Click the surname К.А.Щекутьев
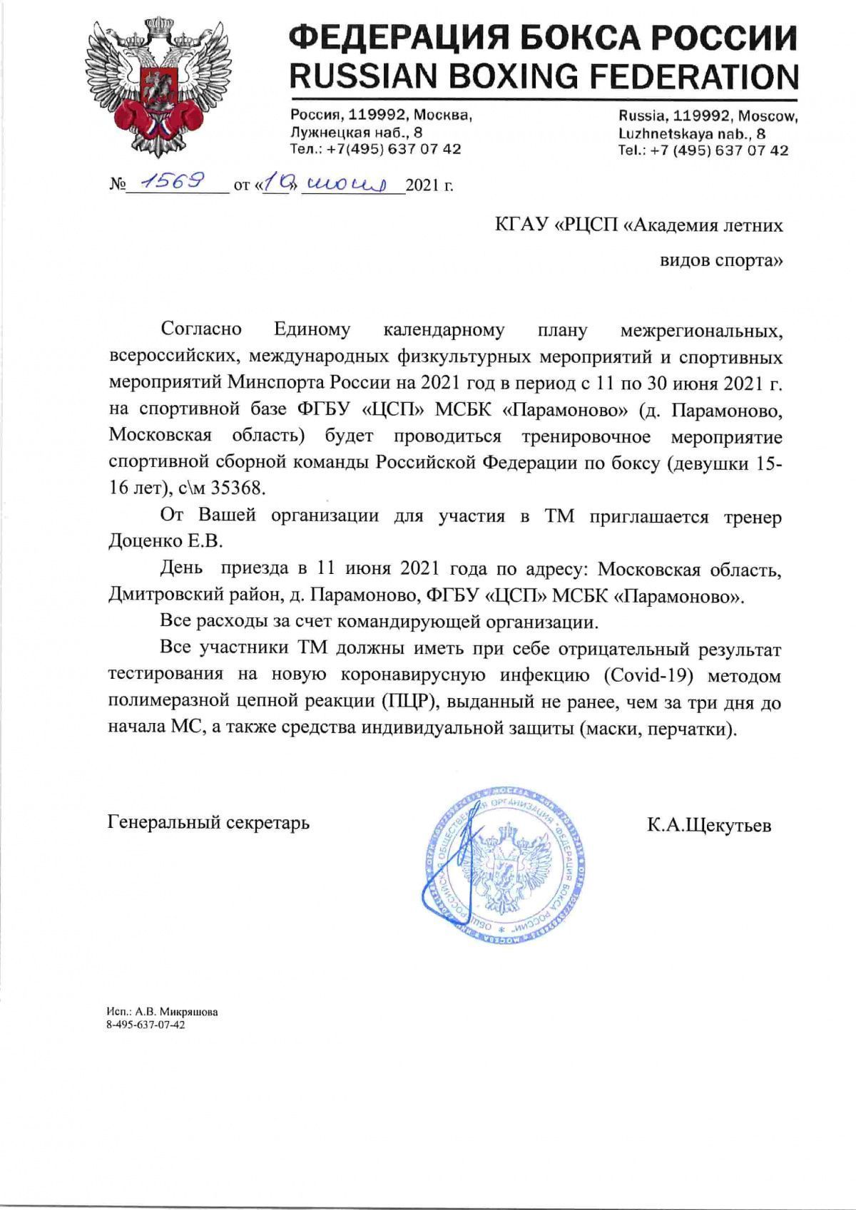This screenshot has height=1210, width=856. (x=708, y=826)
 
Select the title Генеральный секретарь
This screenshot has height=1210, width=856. (x=208, y=822)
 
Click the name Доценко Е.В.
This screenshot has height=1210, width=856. (x=165, y=541)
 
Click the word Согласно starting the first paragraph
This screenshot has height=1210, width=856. (x=201, y=329)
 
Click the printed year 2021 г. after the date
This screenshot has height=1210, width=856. (x=429, y=186)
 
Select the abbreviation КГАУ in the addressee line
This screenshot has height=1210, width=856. (x=520, y=226)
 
